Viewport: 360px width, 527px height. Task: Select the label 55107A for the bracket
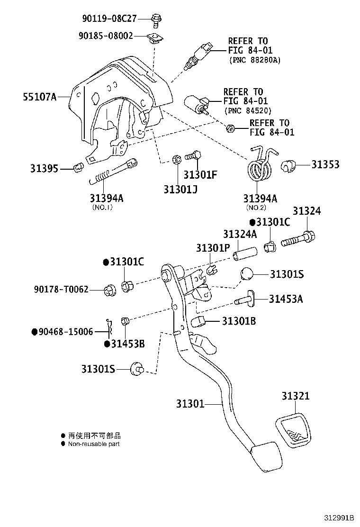[39, 97]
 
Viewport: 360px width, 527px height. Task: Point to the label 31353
[325, 164]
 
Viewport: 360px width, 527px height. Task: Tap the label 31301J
[180, 189]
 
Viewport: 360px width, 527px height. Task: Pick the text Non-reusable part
[94, 444]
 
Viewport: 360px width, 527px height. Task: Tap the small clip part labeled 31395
[79, 167]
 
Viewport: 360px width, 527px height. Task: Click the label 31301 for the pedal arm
[190, 404]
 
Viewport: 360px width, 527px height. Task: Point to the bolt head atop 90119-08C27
[155, 18]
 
